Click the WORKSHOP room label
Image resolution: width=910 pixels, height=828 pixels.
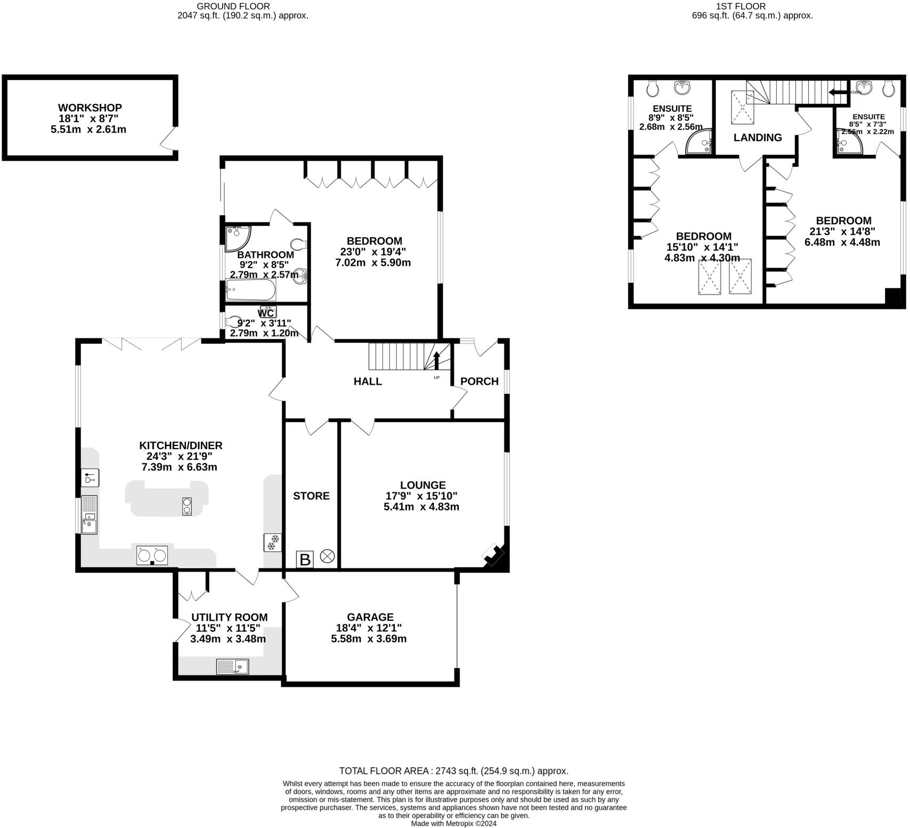pos(90,108)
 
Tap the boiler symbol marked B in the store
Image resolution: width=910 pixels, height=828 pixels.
pos(305,559)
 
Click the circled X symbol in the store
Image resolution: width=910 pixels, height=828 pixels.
pos(328,558)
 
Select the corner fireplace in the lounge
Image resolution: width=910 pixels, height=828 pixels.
pos(494,556)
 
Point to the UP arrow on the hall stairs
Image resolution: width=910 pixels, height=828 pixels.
pos(436,361)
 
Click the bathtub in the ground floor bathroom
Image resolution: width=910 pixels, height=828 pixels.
pos(250,291)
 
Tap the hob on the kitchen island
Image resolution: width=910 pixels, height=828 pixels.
pos(186,506)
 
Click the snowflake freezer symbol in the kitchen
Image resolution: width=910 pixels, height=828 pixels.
pos(272,543)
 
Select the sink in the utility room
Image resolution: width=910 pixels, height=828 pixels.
pos(232,667)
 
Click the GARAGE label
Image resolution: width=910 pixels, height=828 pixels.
pos(370,617)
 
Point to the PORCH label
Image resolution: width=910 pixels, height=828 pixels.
pos(479,381)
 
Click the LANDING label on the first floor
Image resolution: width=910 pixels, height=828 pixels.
pos(757,137)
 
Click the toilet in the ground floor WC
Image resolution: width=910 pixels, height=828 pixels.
pos(233,322)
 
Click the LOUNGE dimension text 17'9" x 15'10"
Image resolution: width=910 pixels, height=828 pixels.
pos(421,496)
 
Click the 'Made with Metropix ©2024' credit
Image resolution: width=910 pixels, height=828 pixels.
pos(453,823)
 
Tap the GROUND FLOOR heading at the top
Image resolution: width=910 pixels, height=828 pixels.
pos(233,6)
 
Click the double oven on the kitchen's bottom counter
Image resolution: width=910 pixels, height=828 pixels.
pos(152,556)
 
